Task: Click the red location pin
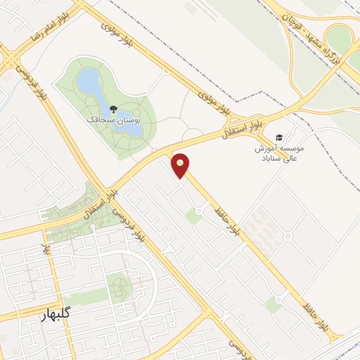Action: (x=181, y=165)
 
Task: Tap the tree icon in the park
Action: (x=112, y=109)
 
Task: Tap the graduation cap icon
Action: (x=279, y=137)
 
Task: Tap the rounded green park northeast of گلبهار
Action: (x=119, y=288)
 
